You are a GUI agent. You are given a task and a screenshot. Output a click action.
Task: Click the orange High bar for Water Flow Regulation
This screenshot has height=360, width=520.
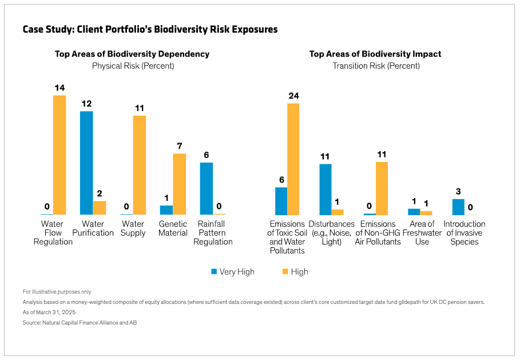coord(59,155)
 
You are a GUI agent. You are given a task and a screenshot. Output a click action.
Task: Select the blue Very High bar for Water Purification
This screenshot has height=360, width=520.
coord(86,163)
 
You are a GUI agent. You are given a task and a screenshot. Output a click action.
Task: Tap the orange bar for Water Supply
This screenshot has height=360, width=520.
coord(140,165)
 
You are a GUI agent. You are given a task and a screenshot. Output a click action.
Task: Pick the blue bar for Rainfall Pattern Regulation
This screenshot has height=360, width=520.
coord(206,188)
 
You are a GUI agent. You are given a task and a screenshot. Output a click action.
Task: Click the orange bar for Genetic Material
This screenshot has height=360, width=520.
coord(180,184)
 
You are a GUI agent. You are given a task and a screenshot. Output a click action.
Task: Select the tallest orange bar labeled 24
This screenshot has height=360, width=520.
coord(293,159)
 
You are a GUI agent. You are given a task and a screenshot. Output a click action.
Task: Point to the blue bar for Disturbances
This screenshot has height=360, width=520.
coord(326,189)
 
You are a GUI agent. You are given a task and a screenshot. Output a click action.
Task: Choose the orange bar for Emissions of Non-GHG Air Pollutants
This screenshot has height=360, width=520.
coord(382,188)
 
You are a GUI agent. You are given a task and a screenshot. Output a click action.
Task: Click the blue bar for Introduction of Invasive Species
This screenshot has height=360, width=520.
coord(458,207)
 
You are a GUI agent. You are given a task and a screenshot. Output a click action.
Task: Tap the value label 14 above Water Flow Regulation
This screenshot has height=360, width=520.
coord(59,88)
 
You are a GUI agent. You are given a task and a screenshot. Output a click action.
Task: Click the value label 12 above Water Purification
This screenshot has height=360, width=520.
coord(86,104)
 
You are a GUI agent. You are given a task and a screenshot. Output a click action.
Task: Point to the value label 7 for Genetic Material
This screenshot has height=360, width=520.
coord(180,146)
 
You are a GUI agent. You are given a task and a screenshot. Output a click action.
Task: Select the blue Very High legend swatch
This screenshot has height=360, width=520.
coord(215,271)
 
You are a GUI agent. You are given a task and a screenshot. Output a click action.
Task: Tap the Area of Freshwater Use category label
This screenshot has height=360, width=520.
coord(422,233)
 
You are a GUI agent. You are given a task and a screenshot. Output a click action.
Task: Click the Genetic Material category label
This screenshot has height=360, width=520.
coord(173,228)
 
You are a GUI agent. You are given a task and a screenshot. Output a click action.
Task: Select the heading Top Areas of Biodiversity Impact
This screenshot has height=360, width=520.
coord(375,54)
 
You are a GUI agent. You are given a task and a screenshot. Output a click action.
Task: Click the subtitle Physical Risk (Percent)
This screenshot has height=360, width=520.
coord(133,66)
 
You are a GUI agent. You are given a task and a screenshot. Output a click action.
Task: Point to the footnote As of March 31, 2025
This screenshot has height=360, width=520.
coord(49,312)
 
